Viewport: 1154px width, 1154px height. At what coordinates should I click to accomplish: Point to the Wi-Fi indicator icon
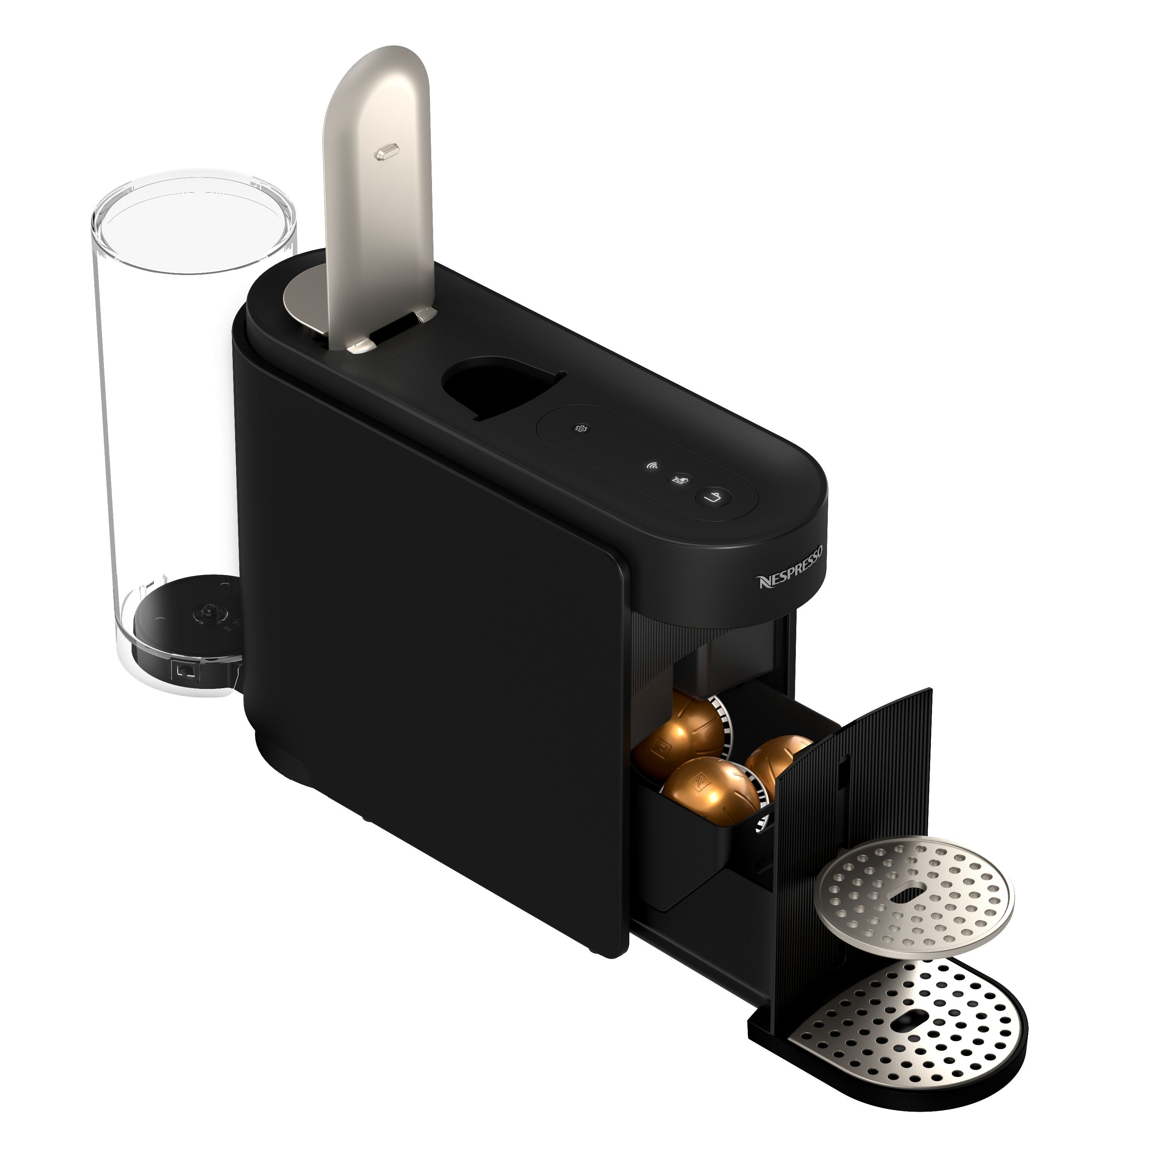653,466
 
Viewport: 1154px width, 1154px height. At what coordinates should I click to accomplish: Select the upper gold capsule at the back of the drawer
681,729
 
